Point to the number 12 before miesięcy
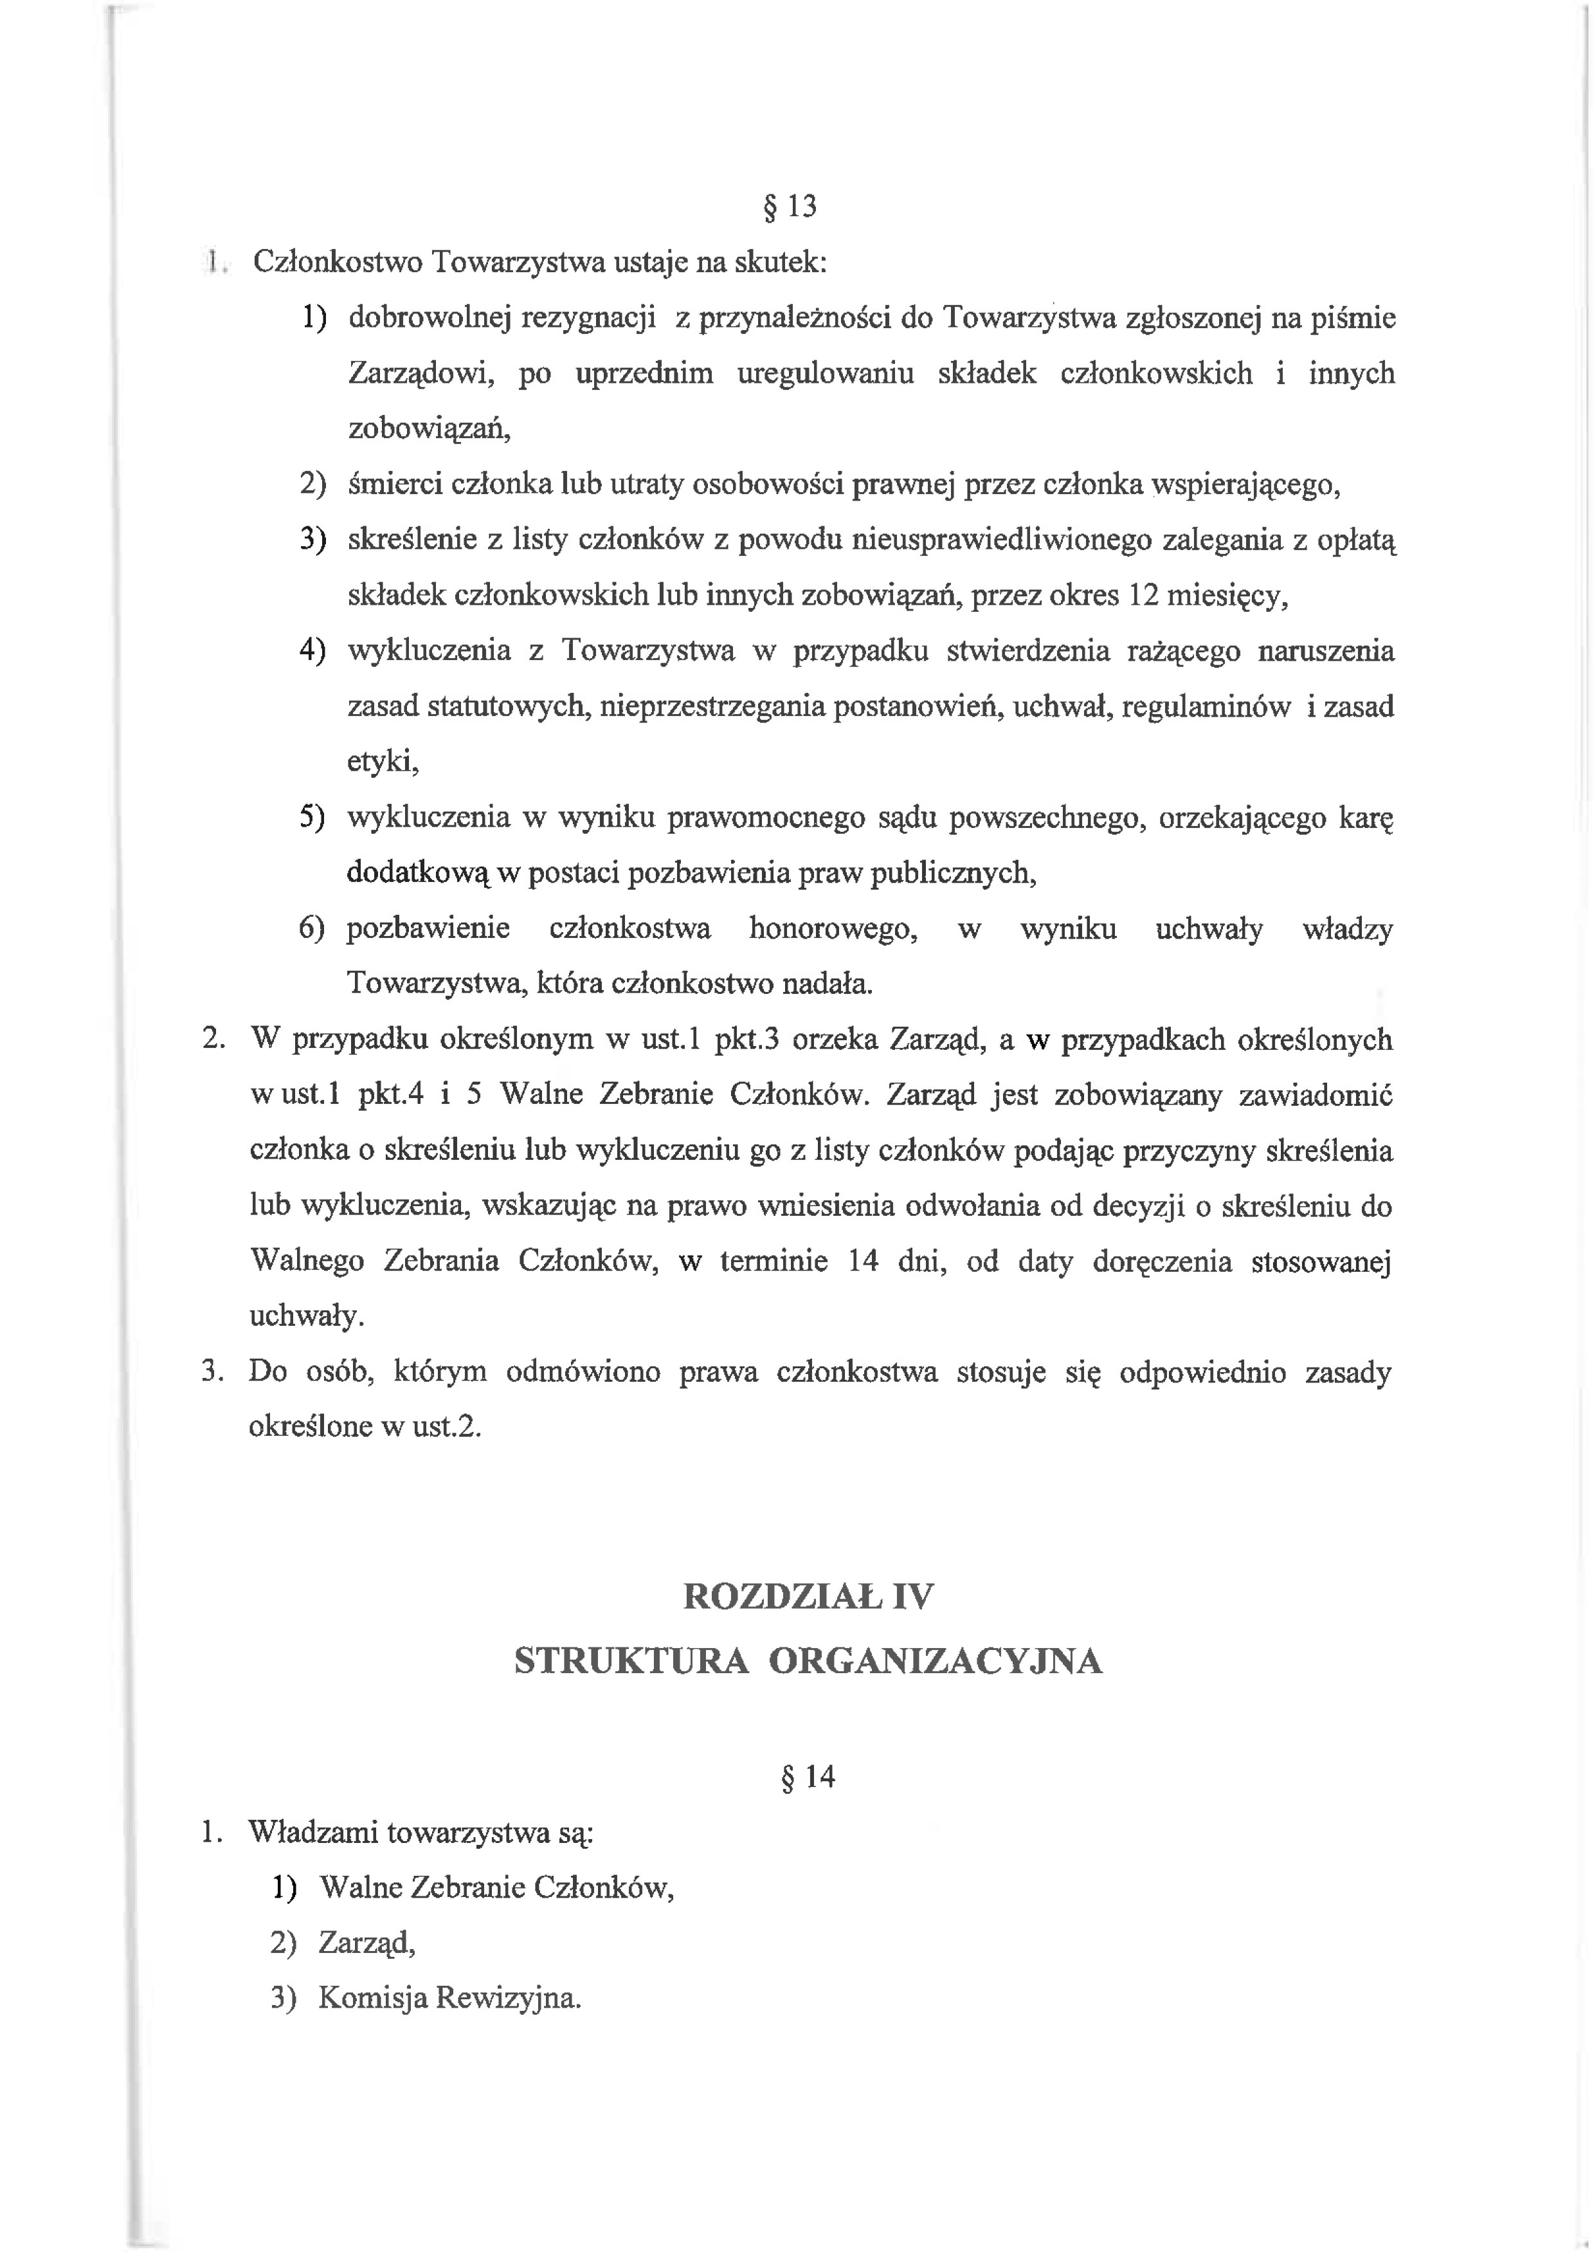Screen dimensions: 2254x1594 point(1145,596)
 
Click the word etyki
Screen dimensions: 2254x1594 point(383,763)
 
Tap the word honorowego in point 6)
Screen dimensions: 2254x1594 point(833,929)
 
